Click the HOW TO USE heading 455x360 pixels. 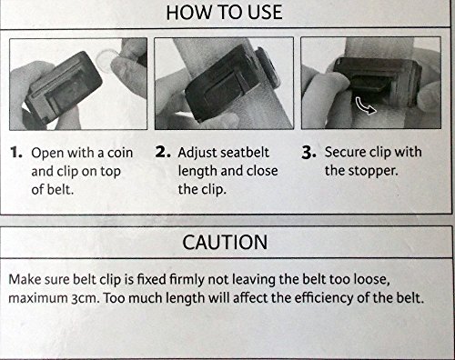(x=224, y=13)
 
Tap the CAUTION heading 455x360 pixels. (x=225, y=242)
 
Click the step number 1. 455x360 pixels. (x=16, y=152)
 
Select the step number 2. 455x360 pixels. (x=163, y=152)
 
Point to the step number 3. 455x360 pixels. (x=309, y=152)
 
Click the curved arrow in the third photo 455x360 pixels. (x=365, y=105)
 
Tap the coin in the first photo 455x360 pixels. (x=106, y=60)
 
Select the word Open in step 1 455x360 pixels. (x=47, y=154)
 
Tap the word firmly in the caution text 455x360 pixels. (x=187, y=280)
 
